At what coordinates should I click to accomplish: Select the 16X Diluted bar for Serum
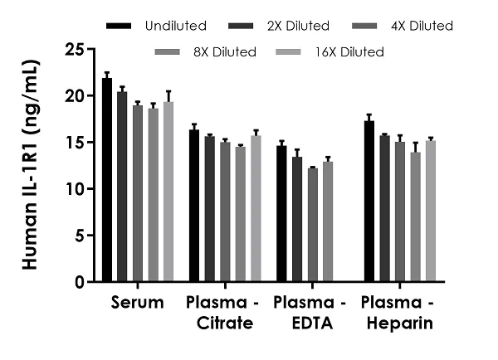click(168, 191)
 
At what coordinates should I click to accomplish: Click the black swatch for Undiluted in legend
click(119, 27)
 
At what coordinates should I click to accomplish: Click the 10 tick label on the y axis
click(75, 189)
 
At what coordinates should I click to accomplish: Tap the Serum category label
click(136, 303)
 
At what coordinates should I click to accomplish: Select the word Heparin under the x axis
click(400, 323)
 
